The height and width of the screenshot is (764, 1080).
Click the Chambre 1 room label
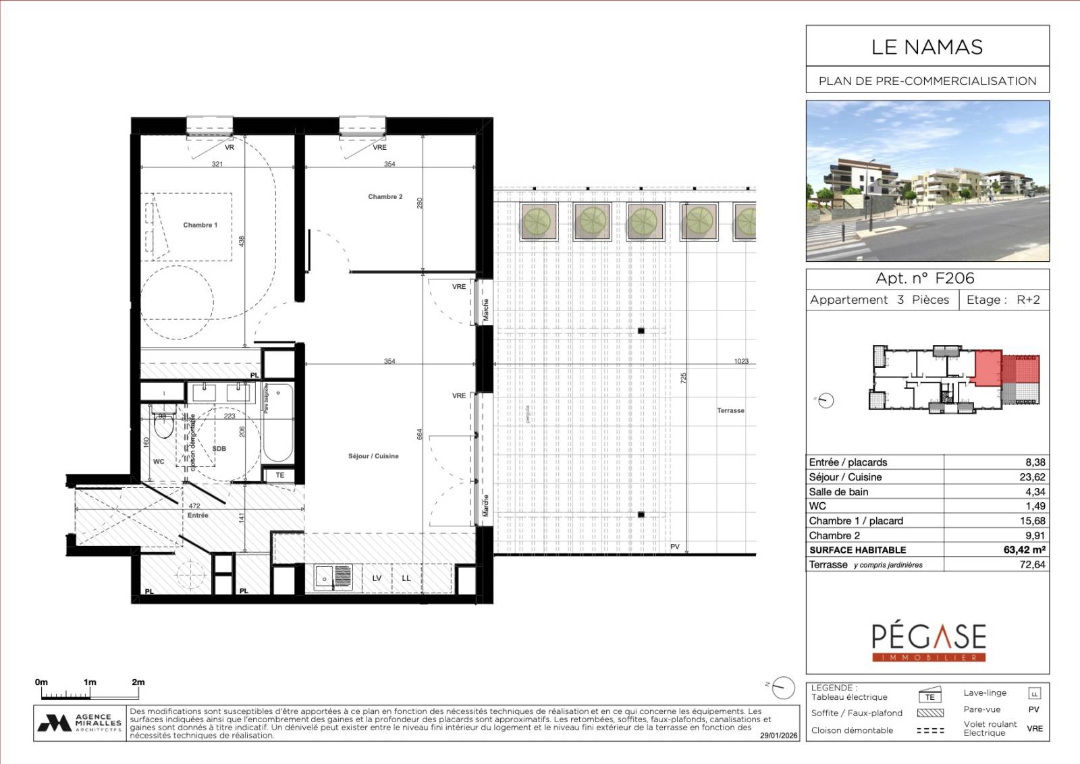point(200,225)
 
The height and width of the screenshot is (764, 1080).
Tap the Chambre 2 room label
point(385,197)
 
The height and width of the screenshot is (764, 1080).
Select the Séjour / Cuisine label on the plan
point(373,456)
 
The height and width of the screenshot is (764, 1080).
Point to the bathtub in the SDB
point(277,425)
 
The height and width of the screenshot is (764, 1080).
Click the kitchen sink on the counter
point(333,578)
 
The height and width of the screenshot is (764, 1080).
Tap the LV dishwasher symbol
point(377,578)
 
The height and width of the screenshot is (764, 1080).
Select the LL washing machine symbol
point(406,578)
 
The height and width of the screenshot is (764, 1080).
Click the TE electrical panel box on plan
point(279,476)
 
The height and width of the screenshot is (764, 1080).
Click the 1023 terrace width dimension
point(741,361)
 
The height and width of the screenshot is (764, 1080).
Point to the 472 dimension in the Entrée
point(194,506)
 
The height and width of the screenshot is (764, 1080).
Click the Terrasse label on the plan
point(730,410)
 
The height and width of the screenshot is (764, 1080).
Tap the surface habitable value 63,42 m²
point(1024,550)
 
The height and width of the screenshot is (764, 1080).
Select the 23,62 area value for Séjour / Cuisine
point(1032,477)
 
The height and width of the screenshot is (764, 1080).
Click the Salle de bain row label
point(838,492)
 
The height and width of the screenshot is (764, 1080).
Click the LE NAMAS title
point(927,47)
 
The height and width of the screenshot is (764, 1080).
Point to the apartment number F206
point(954,278)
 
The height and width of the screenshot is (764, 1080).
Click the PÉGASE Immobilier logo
point(928,641)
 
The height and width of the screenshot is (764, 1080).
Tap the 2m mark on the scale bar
point(138,682)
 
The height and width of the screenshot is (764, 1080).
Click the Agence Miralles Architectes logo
point(80,723)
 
